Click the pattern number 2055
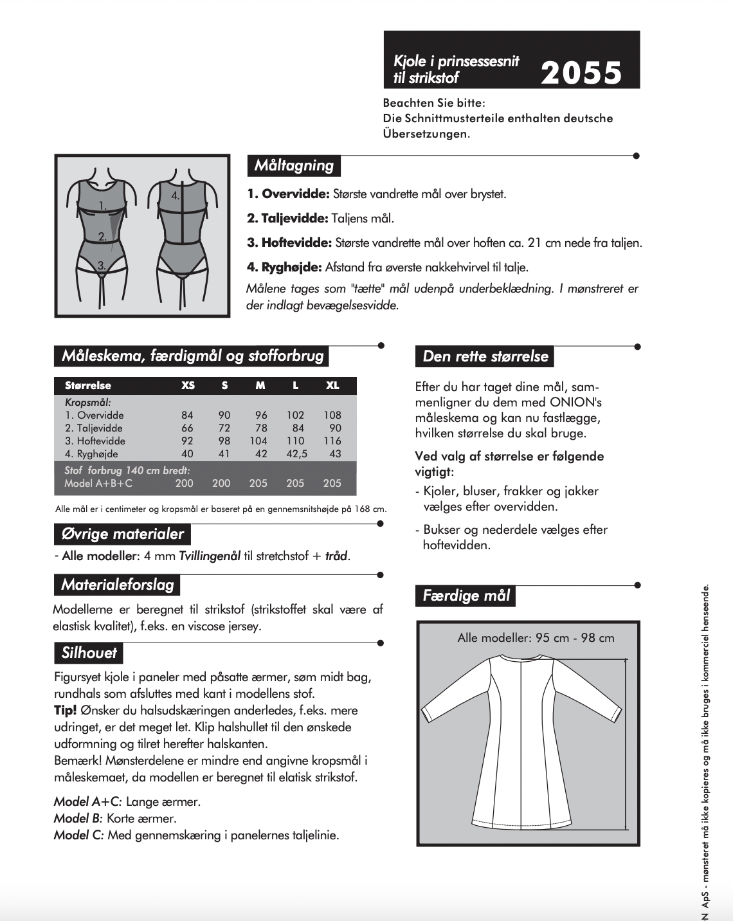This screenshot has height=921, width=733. point(581,73)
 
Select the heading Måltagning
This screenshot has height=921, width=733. point(294,165)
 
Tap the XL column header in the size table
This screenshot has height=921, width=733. point(332,385)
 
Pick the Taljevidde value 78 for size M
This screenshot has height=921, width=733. point(261,428)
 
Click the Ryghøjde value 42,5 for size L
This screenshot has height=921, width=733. point(296,453)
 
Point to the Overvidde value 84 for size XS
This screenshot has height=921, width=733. point(187,415)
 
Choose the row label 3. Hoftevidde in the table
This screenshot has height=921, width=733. point(95,441)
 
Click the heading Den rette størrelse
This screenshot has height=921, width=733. point(485,356)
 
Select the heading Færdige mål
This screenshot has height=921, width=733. point(466,596)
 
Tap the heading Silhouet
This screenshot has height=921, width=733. point(89,653)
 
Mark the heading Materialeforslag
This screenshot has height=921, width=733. point(117,585)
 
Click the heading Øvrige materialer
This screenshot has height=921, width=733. point(122,534)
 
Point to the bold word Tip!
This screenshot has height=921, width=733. point(66,710)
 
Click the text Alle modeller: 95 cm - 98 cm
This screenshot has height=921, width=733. point(536,638)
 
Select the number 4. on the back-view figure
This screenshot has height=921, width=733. point(175,195)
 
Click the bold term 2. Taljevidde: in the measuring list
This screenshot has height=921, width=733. point(287,218)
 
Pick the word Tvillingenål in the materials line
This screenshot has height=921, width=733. point(210,556)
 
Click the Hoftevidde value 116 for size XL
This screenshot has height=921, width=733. point(332,441)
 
